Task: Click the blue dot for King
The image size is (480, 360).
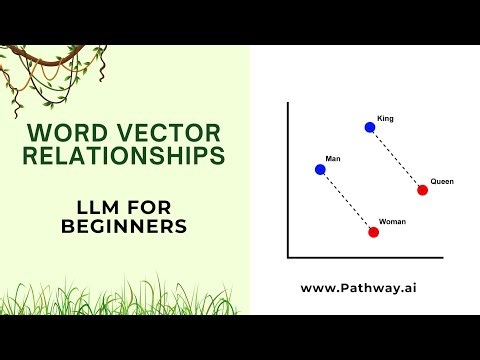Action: [370, 127]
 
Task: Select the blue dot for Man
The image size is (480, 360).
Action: [320, 169]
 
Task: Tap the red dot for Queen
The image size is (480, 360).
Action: [423, 190]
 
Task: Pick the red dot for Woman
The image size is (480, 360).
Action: [373, 232]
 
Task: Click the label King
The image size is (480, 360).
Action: [386, 119]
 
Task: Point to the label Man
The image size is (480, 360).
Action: [333, 160]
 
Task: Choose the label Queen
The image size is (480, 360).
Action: [442, 182]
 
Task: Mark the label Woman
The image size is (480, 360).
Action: [393, 221]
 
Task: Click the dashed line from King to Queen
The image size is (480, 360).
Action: [397, 159]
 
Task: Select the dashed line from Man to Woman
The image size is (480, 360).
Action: [347, 201]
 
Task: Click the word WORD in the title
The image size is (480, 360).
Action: [59, 131]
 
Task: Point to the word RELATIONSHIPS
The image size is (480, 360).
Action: [125, 157]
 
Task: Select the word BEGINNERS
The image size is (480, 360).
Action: [124, 227]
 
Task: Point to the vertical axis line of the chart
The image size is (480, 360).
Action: [287, 180]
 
